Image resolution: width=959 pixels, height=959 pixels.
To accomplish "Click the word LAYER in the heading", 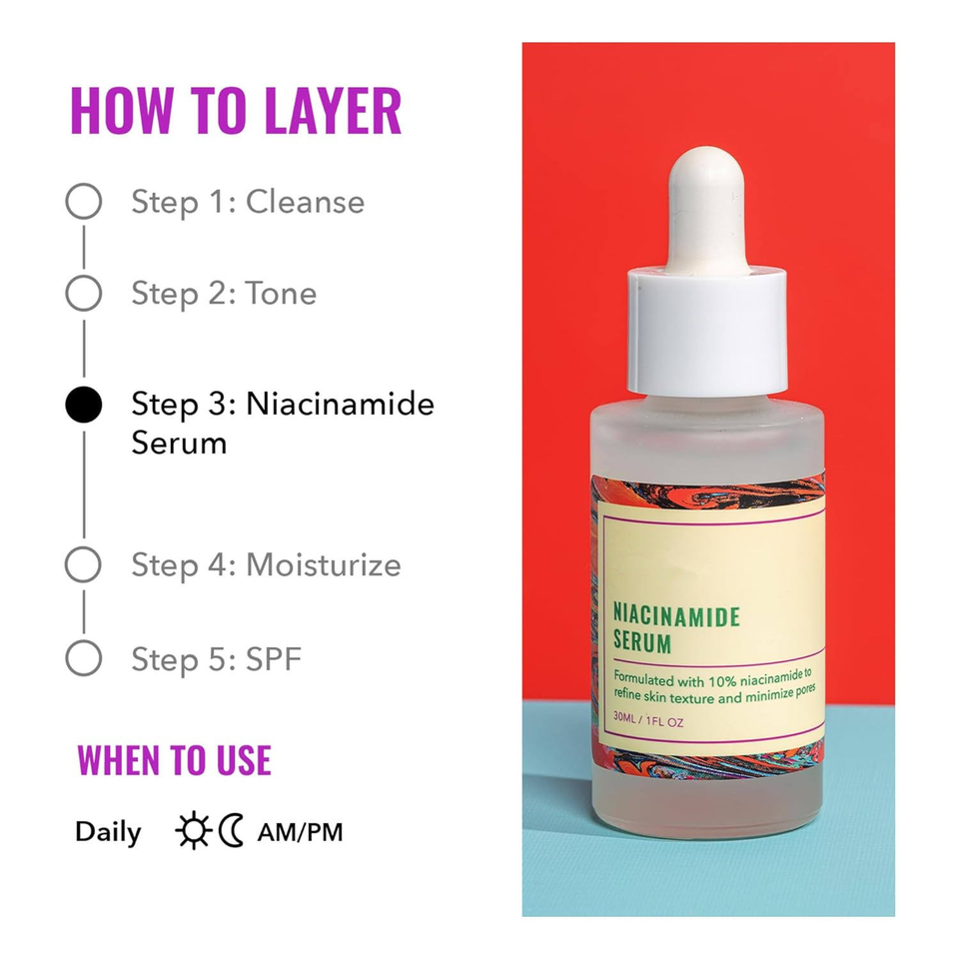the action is pyautogui.click(x=334, y=111).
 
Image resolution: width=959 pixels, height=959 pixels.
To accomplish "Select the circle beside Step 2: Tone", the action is pyautogui.click(x=83, y=276).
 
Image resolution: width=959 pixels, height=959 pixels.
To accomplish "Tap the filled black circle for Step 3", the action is pyautogui.click(x=83, y=405).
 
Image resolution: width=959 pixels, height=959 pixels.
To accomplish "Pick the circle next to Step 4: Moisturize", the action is pyautogui.click(x=83, y=547).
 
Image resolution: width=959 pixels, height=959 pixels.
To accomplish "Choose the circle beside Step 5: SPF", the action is pyautogui.click(x=83, y=641).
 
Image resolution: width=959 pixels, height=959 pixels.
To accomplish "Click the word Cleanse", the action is pyautogui.click(x=306, y=202).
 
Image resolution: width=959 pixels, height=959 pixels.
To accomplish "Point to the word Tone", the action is pyautogui.click(x=282, y=293).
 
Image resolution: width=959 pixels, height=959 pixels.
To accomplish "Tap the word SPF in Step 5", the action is pyautogui.click(x=274, y=659).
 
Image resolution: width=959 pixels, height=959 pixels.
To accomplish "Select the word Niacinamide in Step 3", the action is pyautogui.click(x=340, y=404).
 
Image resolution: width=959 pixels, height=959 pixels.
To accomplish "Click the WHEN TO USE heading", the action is pyautogui.click(x=174, y=760).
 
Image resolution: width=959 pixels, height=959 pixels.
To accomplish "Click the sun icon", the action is pyautogui.click(x=193, y=830).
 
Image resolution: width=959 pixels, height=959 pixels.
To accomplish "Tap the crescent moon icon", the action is pyautogui.click(x=231, y=830).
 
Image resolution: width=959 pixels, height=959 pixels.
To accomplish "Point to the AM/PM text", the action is pyautogui.click(x=301, y=832).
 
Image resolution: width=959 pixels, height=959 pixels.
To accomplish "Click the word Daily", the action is pyautogui.click(x=108, y=832).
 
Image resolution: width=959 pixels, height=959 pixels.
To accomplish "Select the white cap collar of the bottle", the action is pyautogui.click(x=707, y=331).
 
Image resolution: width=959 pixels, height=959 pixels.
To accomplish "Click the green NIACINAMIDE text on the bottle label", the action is pyautogui.click(x=676, y=616).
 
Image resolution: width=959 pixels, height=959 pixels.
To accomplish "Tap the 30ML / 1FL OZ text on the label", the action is pyautogui.click(x=648, y=719).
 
